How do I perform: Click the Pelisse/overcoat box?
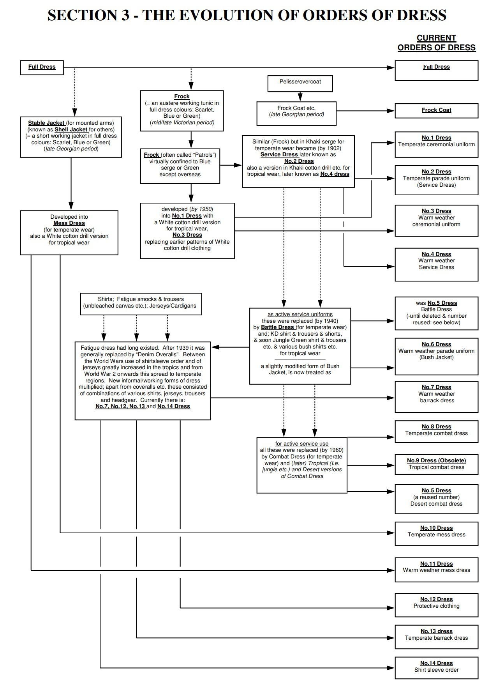point(300,83)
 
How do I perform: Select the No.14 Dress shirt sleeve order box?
point(436,667)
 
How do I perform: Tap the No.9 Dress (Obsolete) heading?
point(436,460)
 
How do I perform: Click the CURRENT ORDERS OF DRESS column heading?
point(436,43)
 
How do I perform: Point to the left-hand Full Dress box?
point(42,67)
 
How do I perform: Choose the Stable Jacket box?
point(71,136)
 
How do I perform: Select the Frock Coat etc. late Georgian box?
point(296,113)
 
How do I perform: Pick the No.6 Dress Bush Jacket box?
point(436,356)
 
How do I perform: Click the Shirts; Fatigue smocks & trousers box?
point(141,304)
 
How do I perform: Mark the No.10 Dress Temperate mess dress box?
point(436,533)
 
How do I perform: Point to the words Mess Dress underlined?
point(69,223)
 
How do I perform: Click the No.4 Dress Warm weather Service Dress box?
point(436,264)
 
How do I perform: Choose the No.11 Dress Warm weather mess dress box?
point(436,569)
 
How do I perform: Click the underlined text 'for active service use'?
point(301,444)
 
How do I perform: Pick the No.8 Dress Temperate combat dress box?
point(436,431)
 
